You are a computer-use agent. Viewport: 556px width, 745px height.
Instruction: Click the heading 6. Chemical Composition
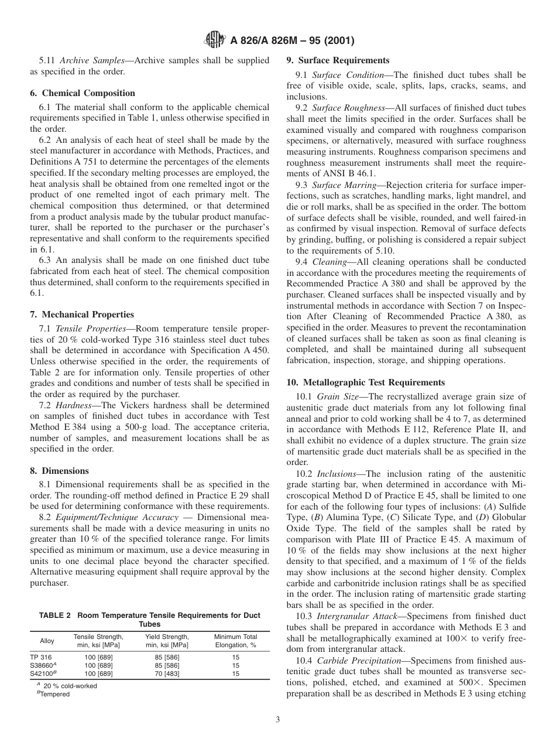pyautogui.click(x=83, y=93)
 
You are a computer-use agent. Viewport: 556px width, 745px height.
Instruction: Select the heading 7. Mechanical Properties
pyautogui.click(x=82, y=315)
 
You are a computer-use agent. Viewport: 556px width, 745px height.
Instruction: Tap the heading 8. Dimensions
pyautogui.click(x=60, y=470)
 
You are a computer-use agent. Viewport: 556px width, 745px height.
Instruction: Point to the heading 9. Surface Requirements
pyautogui.click(x=338, y=60)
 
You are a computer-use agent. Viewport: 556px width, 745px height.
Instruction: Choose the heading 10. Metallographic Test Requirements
pyautogui.click(x=365, y=382)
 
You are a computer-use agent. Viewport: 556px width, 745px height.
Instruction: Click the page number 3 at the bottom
pyautogui.click(x=277, y=720)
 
